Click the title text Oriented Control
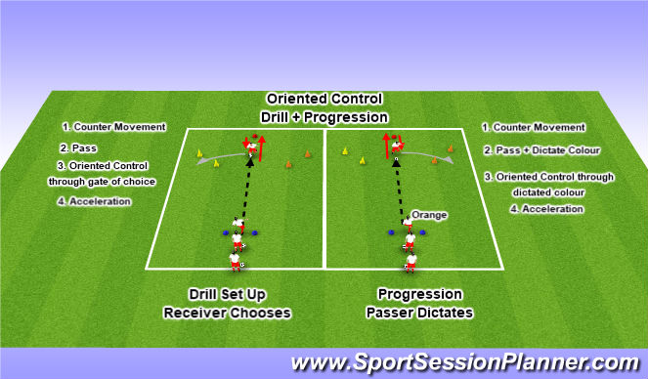point(323,100)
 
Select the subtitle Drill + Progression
point(323,116)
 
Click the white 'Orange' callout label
point(427,214)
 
